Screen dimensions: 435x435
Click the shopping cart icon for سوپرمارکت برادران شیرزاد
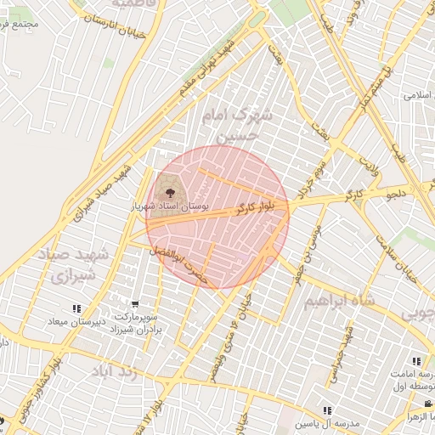click(x=135, y=304)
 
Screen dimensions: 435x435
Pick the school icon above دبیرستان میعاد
click(x=76, y=309)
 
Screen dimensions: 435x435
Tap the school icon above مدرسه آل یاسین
click(x=327, y=411)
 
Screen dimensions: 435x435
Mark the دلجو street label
click(x=398, y=195)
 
